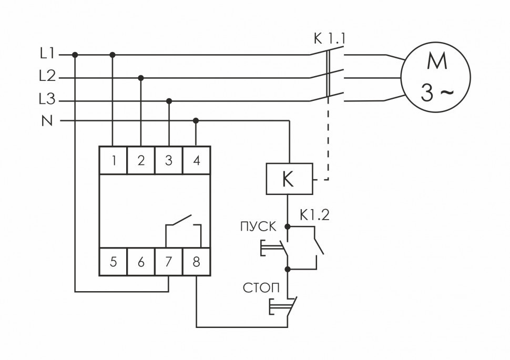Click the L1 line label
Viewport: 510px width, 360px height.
[47, 54]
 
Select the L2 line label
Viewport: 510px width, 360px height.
[47, 77]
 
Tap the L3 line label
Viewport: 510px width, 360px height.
[47, 99]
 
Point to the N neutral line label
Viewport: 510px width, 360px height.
[47, 121]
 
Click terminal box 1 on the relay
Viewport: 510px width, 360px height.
[114, 160]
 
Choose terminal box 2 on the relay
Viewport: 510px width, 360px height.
[141, 160]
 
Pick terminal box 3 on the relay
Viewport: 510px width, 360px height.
[169, 160]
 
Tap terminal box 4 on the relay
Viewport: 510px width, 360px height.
[196, 160]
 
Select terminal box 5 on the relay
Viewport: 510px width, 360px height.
[114, 261]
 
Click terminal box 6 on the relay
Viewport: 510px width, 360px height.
[141, 261]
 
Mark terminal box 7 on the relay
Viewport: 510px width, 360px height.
[169, 261]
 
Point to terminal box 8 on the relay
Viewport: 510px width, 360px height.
[196, 261]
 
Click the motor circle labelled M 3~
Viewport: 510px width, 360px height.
[436, 77]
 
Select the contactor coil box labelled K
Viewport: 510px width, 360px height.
[289, 179]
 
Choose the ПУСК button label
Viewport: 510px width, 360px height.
[258, 227]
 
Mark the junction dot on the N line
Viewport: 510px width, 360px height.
[196, 120]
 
